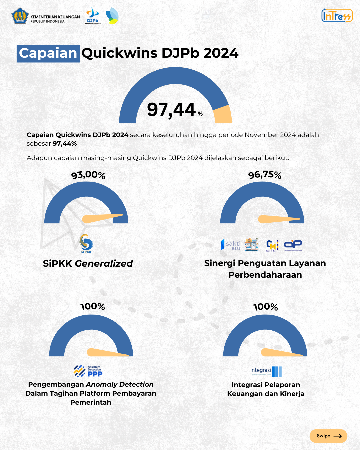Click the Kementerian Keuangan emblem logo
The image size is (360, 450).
click(20, 16)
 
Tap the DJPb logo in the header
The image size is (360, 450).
click(93, 16)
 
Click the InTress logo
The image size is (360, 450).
click(337, 16)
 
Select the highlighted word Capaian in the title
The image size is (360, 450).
click(48, 53)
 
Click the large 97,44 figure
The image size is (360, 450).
click(171, 110)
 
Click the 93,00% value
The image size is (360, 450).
click(88, 175)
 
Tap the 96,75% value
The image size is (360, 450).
click(265, 175)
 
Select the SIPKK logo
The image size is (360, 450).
click(86, 243)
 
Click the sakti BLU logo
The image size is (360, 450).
click(231, 245)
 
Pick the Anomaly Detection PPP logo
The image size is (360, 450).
click(88, 371)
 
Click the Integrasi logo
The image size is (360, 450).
click(266, 371)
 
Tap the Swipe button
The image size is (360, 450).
click(328, 436)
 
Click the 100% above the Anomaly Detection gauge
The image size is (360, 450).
click(93, 306)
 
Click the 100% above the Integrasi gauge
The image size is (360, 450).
click(265, 307)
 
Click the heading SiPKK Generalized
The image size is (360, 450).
click(88, 263)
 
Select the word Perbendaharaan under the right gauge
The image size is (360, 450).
click(265, 275)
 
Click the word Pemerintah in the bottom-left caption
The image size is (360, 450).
click(91, 402)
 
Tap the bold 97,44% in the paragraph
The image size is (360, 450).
click(65, 144)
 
